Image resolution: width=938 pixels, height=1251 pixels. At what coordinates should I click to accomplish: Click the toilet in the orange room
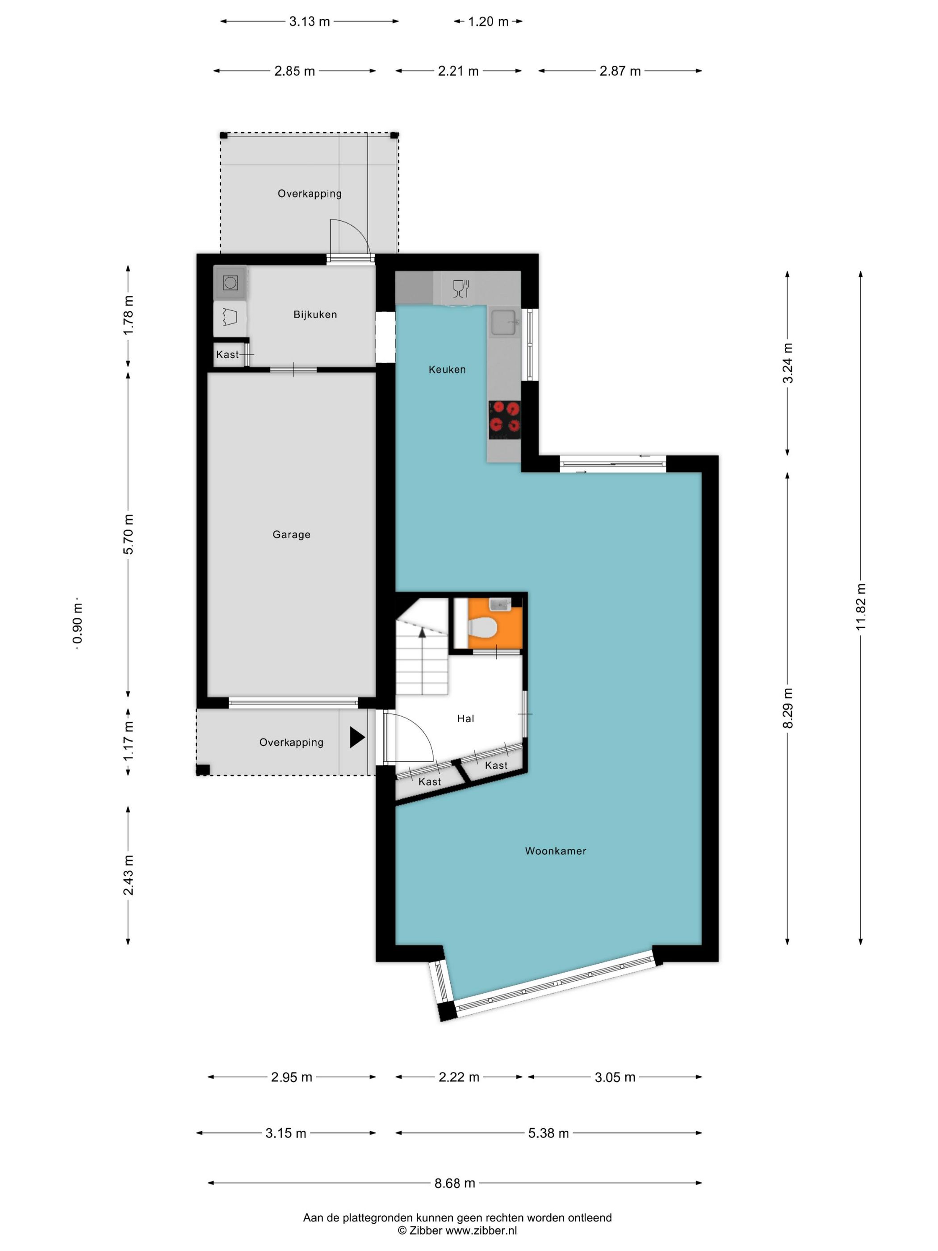tap(482, 627)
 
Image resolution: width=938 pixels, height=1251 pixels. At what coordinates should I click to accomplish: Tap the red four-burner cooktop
tap(504, 419)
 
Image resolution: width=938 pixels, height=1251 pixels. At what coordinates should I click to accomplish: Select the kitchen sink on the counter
tap(503, 323)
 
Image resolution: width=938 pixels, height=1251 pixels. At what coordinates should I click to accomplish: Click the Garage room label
tap(291, 534)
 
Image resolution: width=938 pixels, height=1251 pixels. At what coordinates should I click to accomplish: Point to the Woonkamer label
tap(555, 851)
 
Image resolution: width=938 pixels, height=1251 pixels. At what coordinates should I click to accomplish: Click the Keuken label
tap(447, 369)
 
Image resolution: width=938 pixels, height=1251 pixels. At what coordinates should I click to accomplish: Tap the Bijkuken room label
tap(315, 315)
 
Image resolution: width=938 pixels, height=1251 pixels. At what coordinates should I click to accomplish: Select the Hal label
tap(465, 718)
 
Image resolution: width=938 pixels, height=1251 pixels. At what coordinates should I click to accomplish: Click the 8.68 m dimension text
tap(455, 1183)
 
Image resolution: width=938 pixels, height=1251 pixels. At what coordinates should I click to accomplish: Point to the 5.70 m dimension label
tap(128, 534)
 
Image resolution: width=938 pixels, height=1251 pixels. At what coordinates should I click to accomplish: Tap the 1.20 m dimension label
tap(488, 21)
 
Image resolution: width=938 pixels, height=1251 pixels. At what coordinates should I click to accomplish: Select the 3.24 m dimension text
tap(787, 363)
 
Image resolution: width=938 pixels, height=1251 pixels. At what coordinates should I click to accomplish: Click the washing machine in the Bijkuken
tap(230, 282)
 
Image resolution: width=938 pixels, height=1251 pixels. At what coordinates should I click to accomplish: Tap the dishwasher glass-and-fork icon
tap(461, 289)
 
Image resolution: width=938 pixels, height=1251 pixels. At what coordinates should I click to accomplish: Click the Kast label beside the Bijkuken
tap(227, 355)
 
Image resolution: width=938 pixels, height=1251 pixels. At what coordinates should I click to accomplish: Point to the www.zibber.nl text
tap(481, 1230)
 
